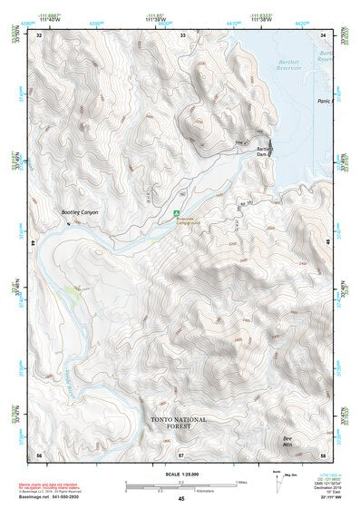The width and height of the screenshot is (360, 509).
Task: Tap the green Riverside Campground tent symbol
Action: point(178,214)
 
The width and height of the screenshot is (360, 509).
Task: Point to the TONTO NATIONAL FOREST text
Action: point(179,425)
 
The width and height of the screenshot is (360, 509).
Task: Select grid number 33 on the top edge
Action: point(181,34)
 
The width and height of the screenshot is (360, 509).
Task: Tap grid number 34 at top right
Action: point(324,34)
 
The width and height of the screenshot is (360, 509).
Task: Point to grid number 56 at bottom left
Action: point(39,454)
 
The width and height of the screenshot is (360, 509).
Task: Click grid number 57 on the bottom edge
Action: point(181,454)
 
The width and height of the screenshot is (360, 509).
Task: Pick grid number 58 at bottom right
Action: point(324,454)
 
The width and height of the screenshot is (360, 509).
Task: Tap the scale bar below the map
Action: point(181,485)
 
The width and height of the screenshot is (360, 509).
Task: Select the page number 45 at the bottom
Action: point(181,499)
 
